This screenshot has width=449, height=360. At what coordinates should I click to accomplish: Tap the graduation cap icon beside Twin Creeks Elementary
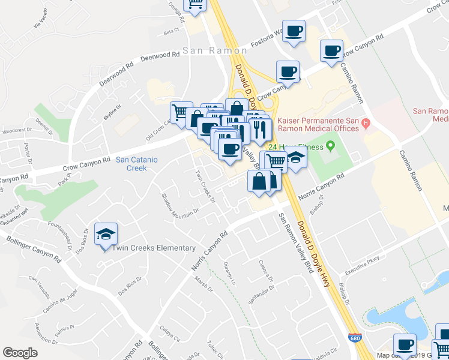[106, 235]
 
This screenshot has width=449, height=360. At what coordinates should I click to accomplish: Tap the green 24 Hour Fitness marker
[330, 147]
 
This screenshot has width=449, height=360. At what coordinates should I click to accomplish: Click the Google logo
[20, 353]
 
